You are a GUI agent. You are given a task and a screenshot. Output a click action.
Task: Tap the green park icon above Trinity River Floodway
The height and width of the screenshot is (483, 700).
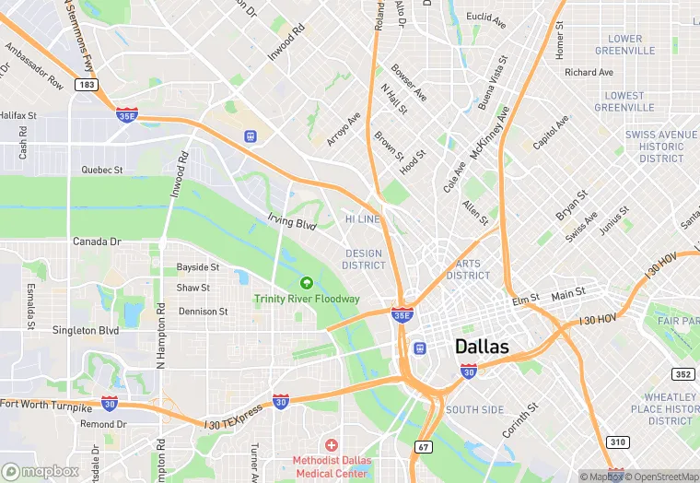306,282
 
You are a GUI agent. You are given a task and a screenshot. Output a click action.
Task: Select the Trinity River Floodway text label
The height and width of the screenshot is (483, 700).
307,299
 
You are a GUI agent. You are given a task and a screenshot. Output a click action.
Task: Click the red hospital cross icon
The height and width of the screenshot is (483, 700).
331,445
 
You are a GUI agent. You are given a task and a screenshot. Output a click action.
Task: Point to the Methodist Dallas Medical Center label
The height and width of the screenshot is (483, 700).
331,466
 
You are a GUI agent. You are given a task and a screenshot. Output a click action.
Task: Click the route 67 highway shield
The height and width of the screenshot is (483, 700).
423,447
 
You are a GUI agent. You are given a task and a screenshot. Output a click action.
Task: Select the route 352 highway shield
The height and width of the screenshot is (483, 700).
682,374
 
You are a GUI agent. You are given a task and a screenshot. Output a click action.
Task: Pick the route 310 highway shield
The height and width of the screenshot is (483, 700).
616,442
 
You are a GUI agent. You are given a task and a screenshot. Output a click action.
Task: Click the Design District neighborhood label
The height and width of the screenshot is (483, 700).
363,259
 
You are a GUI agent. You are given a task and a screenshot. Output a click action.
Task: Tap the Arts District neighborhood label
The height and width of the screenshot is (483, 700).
468,269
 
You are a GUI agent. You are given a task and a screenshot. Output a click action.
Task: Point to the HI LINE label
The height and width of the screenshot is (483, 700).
362,219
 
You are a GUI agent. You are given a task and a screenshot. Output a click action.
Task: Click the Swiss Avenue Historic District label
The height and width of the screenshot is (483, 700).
661,147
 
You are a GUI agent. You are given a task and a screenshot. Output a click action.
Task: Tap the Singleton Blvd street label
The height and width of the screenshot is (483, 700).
86,330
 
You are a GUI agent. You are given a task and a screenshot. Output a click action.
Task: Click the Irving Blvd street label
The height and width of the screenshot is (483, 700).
292,223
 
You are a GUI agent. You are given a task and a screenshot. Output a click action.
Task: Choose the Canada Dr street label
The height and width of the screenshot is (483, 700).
97,241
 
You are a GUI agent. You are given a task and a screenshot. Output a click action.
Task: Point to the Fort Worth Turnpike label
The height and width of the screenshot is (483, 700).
46,405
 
